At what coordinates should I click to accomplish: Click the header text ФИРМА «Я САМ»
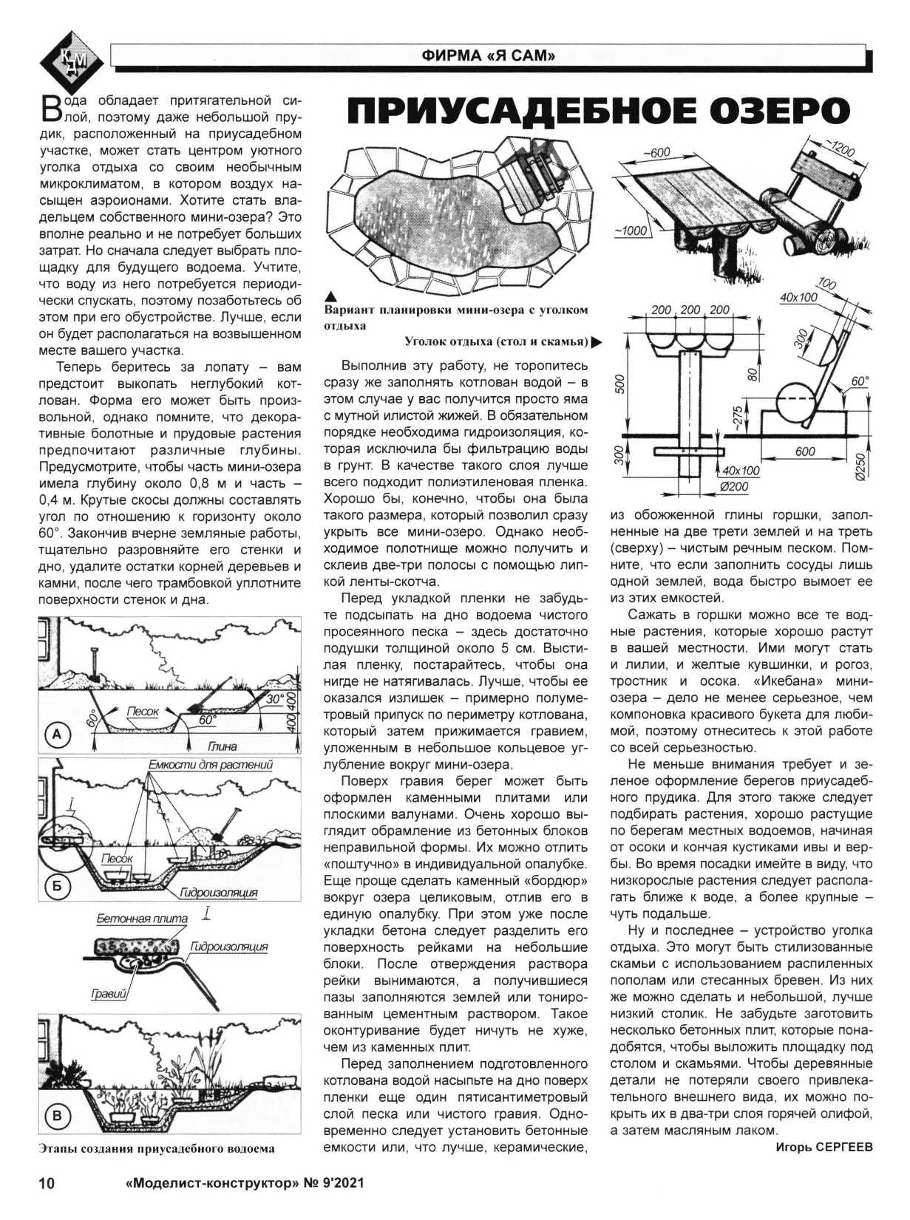488,55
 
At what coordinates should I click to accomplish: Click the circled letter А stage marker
58,734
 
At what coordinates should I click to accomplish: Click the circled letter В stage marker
58,1116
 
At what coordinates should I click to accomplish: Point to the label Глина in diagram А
222,746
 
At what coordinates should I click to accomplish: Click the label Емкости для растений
211,765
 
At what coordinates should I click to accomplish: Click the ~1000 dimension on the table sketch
631,231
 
